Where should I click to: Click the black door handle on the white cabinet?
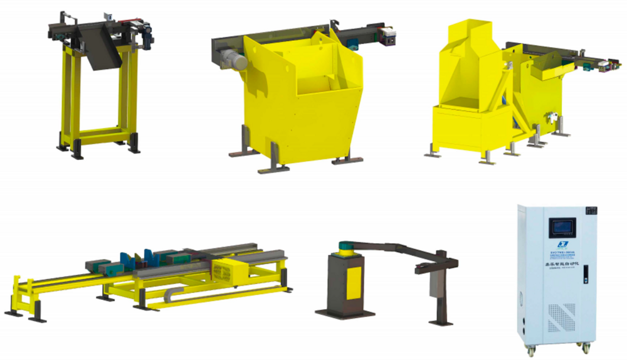[586, 272]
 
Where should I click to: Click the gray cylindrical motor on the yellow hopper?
[233, 61]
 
